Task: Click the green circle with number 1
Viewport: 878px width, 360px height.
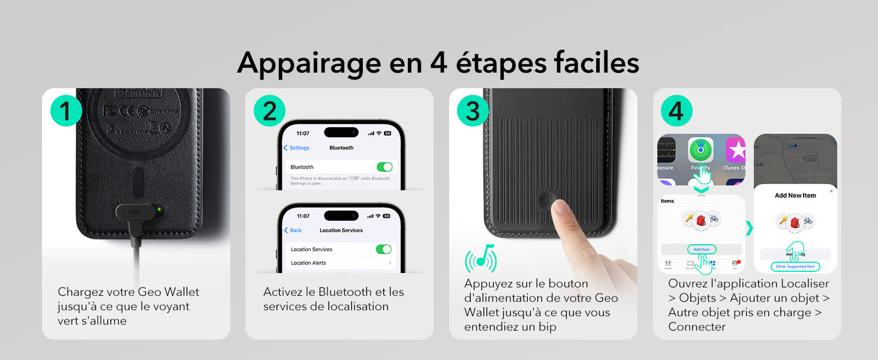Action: (x=66, y=111)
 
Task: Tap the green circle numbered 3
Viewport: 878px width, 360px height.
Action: (x=473, y=111)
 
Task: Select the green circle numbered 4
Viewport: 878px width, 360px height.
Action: (x=676, y=111)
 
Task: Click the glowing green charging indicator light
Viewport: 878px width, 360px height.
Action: (x=158, y=210)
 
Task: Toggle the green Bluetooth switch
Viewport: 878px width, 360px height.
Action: (x=384, y=167)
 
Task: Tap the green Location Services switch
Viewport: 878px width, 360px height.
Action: (x=383, y=249)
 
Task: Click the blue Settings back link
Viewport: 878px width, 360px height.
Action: (x=297, y=148)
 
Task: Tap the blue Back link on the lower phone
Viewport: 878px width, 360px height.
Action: (x=293, y=230)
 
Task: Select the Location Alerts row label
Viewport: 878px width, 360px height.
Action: (x=308, y=263)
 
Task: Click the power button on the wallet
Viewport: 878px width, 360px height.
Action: (x=547, y=200)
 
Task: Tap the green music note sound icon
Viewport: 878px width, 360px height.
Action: (x=481, y=257)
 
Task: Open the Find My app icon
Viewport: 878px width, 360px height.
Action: (x=700, y=150)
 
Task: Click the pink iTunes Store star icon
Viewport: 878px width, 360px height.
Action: (x=735, y=150)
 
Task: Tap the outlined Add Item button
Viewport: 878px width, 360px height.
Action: (x=701, y=249)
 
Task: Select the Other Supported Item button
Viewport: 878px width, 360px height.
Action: (x=795, y=266)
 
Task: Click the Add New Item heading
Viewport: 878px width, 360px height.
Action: (x=795, y=195)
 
